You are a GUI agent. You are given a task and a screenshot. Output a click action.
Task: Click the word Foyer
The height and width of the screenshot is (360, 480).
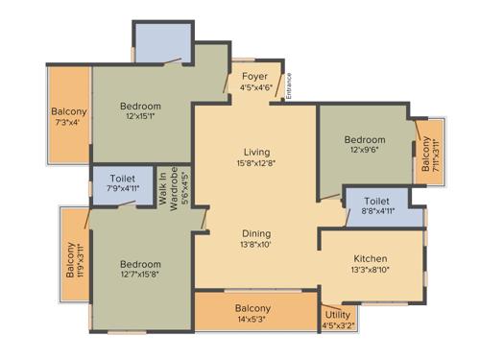(x=254, y=76)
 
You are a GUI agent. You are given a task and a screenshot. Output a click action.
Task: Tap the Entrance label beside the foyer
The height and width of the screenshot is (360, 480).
(x=289, y=84)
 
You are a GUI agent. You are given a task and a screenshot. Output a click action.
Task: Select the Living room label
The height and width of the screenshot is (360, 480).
(x=256, y=152)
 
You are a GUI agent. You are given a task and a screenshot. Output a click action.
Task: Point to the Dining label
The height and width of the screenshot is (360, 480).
(x=256, y=233)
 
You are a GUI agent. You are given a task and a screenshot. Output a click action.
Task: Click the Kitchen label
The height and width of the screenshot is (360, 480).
(x=371, y=259)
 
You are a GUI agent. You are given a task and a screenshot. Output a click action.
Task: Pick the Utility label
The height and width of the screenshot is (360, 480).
(x=337, y=314)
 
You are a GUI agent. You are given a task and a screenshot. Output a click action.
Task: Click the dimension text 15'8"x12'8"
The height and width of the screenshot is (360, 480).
(x=256, y=163)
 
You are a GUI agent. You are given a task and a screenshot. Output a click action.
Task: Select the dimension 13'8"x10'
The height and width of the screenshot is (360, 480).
(x=256, y=245)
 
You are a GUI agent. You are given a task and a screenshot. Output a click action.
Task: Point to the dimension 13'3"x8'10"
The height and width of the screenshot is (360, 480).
(x=371, y=271)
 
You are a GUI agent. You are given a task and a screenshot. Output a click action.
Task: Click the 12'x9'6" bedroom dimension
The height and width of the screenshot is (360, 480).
(x=365, y=151)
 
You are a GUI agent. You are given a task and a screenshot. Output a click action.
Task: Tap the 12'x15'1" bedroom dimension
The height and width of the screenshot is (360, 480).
(x=140, y=117)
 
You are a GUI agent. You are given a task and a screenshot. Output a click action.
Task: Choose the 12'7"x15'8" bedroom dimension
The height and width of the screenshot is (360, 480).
(x=140, y=276)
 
